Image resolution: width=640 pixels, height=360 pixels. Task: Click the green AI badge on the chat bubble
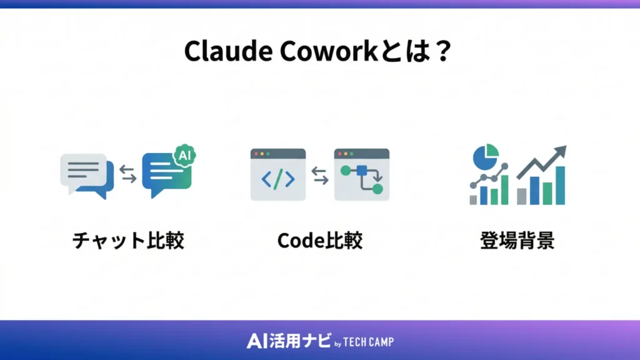click(x=184, y=154)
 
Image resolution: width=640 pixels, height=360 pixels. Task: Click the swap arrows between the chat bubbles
click(x=127, y=174)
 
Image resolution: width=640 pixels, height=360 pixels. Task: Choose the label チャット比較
click(x=128, y=241)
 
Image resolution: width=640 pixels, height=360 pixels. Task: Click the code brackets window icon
click(x=277, y=174)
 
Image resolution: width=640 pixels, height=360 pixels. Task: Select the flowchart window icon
click(x=361, y=174)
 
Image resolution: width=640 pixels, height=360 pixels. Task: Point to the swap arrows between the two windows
click(x=319, y=174)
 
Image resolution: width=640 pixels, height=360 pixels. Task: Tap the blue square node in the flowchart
click(x=361, y=169)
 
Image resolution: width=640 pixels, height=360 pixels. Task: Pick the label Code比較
click(x=319, y=241)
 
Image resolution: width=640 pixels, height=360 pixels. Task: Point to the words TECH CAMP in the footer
click(x=369, y=342)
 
